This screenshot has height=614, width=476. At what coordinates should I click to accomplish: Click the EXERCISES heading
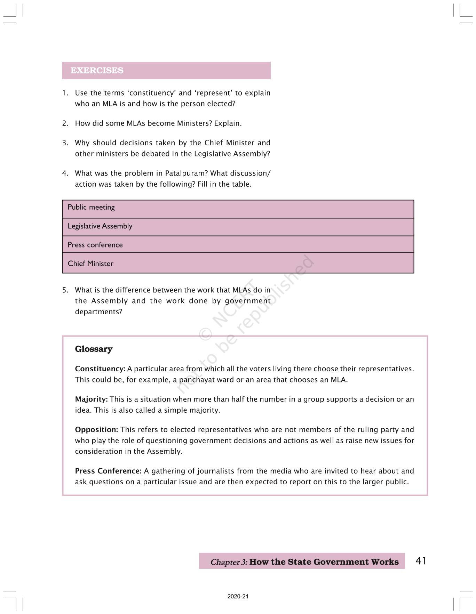point(97,71)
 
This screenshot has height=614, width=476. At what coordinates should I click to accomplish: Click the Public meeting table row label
point(91,207)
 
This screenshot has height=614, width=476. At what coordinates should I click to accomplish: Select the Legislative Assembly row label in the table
point(100,226)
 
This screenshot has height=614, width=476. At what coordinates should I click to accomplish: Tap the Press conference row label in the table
point(95,245)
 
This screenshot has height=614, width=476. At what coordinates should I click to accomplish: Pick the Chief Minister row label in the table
point(90,264)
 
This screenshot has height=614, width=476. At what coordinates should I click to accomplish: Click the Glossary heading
point(94,349)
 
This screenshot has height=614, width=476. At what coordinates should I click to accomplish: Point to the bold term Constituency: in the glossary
point(100,369)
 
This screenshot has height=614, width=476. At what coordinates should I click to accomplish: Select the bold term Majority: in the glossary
point(92,399)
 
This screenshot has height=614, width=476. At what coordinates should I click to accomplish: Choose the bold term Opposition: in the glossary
point(96,430)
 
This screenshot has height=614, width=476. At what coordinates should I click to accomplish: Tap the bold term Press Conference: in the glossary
point(108,471)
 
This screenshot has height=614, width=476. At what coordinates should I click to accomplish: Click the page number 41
point(421,561)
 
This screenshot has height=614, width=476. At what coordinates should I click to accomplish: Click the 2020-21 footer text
point(238,597)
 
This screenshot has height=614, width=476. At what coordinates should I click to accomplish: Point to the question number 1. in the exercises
point(65,93)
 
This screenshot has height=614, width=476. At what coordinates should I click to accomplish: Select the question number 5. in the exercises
point(65,290)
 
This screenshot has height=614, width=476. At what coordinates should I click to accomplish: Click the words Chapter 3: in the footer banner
point(229,562)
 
